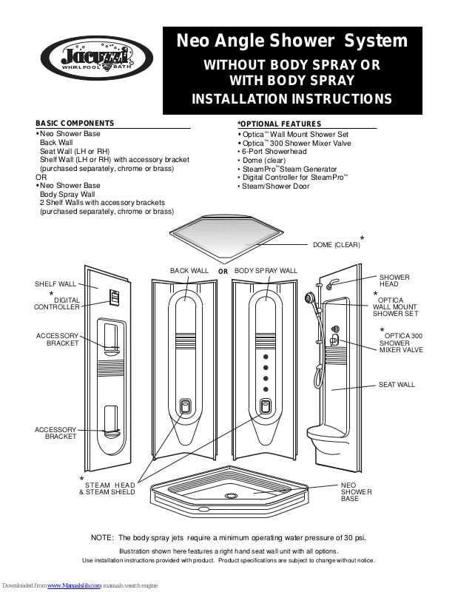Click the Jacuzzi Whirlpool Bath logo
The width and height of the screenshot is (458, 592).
coord(96,58)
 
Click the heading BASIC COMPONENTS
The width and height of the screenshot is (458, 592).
coord(75,123)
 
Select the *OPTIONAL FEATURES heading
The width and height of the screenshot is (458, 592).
coord(279,124)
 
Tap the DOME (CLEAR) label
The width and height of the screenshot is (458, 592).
coord(336,244)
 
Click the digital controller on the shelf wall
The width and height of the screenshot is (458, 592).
coord(115,297)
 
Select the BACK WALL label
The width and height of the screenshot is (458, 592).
coord(189,271)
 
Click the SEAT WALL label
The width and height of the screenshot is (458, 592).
coord(397,385)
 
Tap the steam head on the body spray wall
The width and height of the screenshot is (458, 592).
coord(266,406)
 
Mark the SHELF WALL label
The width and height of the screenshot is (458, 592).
coord(55,284)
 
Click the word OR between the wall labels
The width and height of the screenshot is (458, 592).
coord(223,272)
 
